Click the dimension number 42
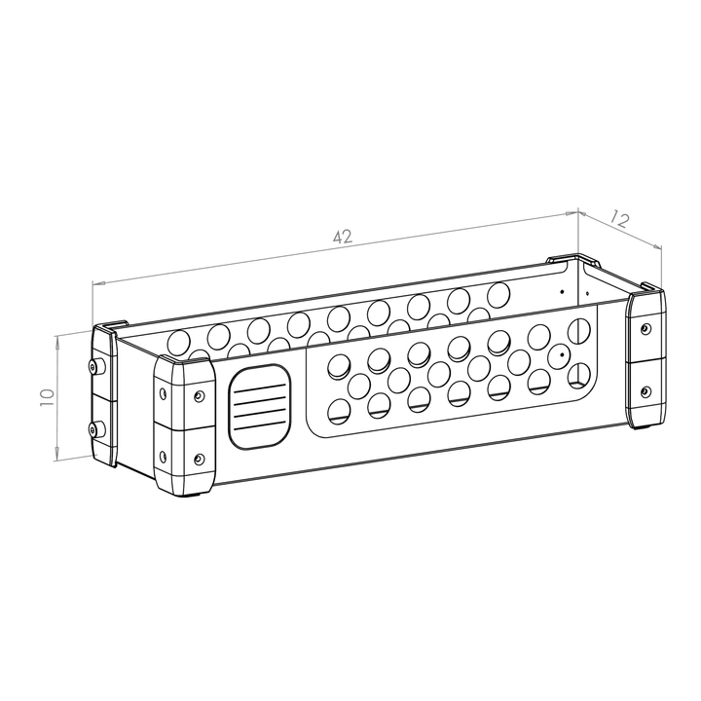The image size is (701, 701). [x=343, y=237]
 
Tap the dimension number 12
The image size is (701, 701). [x=620, y=219]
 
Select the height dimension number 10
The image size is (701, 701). [x=47, y=397]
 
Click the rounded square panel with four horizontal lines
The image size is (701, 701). [x=260, y=406]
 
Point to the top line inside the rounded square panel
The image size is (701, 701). [x=260, y=387]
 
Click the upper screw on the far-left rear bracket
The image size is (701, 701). [x=93, y=367]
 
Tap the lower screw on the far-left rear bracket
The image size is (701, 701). [x=93, y=430]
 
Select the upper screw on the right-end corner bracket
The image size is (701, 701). [x=644, y=329]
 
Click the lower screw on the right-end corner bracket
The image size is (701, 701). [x=644, y=392]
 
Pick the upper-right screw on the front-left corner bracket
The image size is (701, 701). [x=200, y=395]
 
